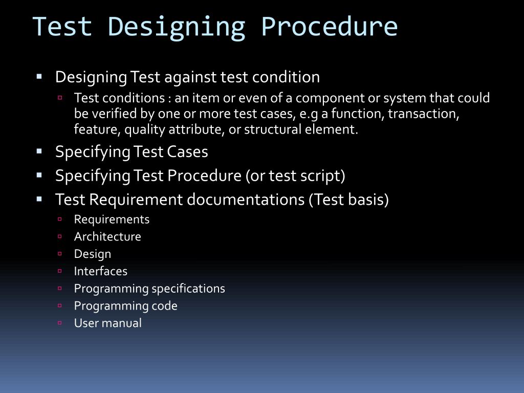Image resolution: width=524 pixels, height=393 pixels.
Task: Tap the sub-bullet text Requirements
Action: point(112,220)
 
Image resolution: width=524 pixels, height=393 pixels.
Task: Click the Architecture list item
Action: point(107,237)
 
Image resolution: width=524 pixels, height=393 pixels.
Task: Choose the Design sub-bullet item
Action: point(93,254)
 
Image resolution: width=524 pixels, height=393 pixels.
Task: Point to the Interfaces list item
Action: point(101,271)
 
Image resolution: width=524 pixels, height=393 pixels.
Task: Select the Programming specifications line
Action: point(149,289)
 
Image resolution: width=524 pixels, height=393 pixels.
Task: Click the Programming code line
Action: point(126,306)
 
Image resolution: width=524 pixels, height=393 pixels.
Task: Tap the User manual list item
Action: point(108,323)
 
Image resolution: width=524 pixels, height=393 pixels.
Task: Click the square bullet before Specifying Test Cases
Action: point(39,151)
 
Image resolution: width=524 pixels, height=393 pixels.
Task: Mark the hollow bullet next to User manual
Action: point(60,323)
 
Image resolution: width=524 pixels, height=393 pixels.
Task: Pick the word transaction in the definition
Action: point(423,114)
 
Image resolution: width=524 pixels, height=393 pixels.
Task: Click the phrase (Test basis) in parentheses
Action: point(348,200)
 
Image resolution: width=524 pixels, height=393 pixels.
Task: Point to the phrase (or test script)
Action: point(295,176)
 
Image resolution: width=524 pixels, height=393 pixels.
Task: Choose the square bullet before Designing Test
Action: point(39,77)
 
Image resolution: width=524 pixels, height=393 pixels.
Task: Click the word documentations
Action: point(246,200)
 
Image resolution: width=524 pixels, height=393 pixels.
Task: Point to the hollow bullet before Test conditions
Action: point(60,97)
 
